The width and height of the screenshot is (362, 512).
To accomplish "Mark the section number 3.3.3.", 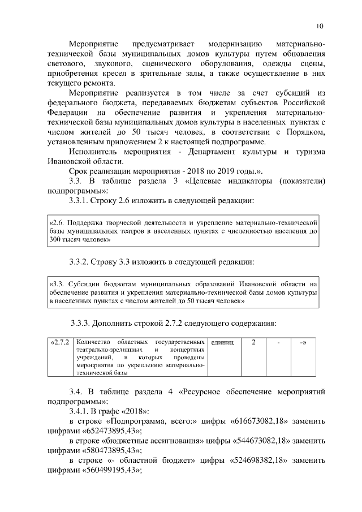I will click(x=83, y=323).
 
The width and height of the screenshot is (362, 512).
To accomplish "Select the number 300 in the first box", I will click(x=56, y=240).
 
